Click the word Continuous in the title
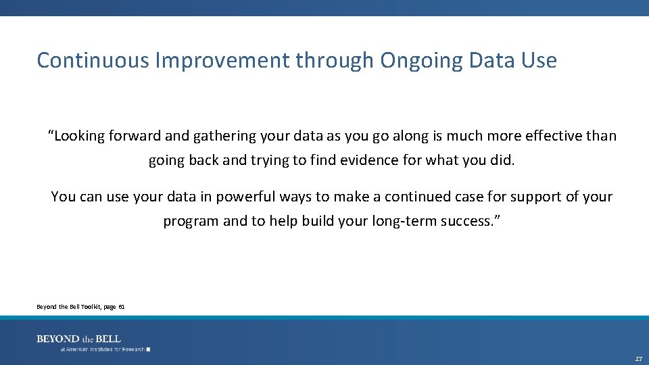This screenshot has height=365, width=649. coord(93,60)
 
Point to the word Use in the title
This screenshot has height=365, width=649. coord(539,60)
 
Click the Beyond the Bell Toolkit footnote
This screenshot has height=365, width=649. coord(80,307)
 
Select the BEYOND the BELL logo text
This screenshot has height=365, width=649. coord(78,339)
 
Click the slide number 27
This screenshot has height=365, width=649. coord(638,358)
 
